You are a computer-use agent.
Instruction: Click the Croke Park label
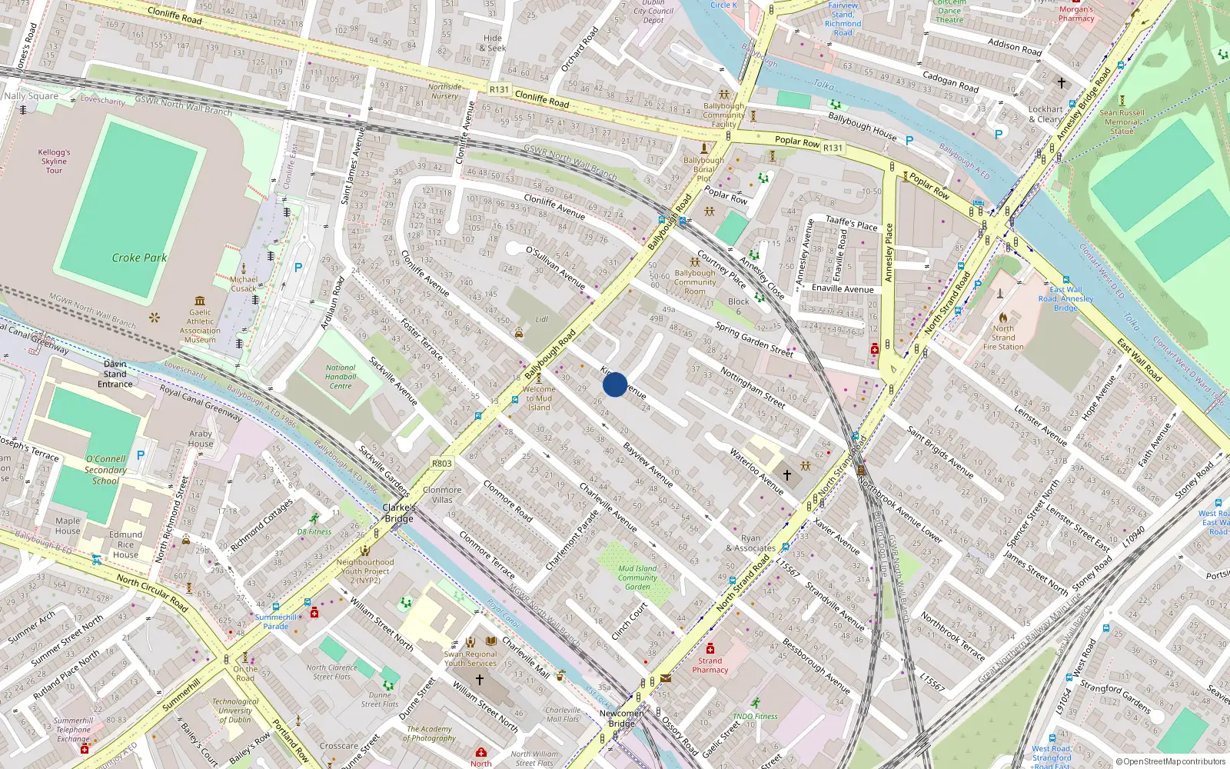click(139, 258)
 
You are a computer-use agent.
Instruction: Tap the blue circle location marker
click(615, 384)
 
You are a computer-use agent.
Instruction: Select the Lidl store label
click(542, 319)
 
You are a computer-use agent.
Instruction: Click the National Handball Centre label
click(341, 377)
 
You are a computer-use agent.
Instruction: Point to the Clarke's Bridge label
click(399, 513)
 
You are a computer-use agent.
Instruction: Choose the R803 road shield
click(442, 464)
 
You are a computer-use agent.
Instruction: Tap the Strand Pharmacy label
click(710, 665)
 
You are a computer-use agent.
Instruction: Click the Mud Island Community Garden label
click(637, 578)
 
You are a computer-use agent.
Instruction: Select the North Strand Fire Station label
click(1003, 338)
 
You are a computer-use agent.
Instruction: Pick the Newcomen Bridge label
click(622, 718)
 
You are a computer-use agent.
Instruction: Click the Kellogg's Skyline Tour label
click(54, 161)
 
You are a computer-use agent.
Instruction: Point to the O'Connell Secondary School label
click(105, 470)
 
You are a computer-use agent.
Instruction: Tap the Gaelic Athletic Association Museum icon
click(200, 301)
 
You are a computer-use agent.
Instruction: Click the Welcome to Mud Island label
click(539, 398)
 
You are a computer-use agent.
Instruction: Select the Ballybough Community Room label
click(695, 282)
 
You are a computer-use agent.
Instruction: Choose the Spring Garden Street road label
click(754, 340)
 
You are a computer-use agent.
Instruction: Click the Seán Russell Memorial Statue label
click(1122, 122)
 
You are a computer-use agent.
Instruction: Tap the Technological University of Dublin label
click(235, 711)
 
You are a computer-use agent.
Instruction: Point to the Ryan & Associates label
click(750, 544)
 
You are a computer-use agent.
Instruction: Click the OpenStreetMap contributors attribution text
click(1171, 762)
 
